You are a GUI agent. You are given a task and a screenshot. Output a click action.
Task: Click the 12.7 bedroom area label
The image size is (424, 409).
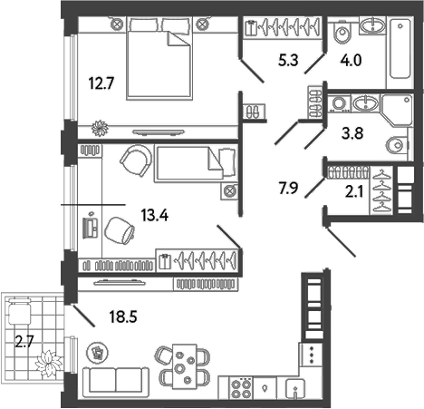tap(101, 83)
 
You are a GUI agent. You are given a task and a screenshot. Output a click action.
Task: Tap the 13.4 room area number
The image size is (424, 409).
tap(155, 216)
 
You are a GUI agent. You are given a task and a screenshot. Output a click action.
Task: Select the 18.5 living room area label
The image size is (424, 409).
tap(123, 316)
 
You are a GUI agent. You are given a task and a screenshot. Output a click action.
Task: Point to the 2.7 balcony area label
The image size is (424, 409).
tap(24, 342)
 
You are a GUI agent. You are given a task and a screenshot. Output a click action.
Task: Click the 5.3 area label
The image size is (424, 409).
tap(288, 60)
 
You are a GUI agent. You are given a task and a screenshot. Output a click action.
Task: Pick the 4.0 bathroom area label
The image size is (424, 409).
tap(351, 60)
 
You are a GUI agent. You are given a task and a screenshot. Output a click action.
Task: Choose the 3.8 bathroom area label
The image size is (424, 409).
tap(352, 133)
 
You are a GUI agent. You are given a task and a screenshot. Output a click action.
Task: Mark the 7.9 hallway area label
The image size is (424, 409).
tap(288, 188)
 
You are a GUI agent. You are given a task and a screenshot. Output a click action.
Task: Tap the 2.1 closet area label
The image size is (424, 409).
tap(354, 191)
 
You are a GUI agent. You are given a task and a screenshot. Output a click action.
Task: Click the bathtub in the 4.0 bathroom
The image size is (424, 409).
tap(400, 48)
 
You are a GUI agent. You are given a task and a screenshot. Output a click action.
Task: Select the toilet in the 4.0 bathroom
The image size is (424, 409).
tap(342, 32)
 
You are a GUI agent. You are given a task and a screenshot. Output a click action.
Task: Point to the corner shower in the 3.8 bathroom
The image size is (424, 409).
tap(397, 110)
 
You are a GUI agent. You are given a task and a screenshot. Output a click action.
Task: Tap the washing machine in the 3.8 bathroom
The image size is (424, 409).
tap(339, 103)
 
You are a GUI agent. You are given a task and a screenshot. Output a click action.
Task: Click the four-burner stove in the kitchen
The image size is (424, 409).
tap(241, 387)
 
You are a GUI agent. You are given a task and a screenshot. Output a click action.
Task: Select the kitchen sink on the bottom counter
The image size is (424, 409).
tap(295, 388)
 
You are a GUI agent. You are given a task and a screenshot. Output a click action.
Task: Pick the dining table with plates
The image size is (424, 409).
tap(184, 366)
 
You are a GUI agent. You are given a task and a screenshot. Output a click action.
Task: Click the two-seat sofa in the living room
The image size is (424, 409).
tap(116, 383)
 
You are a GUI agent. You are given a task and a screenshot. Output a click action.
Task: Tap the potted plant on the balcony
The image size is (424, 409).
tap(48, 363)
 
